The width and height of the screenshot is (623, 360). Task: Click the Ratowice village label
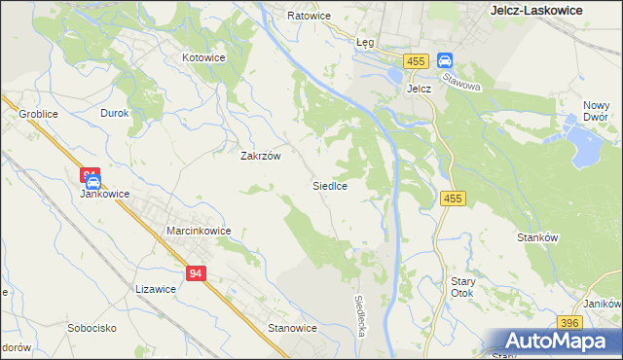coord(310,17)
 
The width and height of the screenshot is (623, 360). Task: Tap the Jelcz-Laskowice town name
coord(534,10)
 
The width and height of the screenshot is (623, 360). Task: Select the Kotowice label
coord(203,57)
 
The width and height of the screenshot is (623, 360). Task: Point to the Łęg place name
coord(365,43)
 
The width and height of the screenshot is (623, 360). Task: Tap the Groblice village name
coord(38,114)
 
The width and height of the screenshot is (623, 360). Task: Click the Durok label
coord(115,113)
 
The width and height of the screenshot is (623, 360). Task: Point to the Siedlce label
coord(330,184)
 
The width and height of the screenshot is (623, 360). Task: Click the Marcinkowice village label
coord(199,231)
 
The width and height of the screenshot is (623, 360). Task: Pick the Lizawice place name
coord(156,289)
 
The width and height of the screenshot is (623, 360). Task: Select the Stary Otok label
coord(461,287)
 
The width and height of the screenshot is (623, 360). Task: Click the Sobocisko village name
coord(92,328)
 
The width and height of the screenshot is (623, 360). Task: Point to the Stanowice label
coord(293,328)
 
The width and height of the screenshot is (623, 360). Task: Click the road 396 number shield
coord(570,323)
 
